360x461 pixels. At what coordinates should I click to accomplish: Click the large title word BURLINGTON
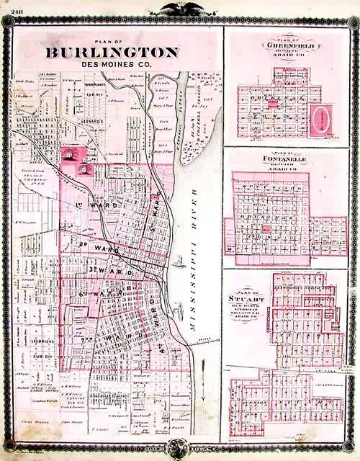point(112,53)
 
